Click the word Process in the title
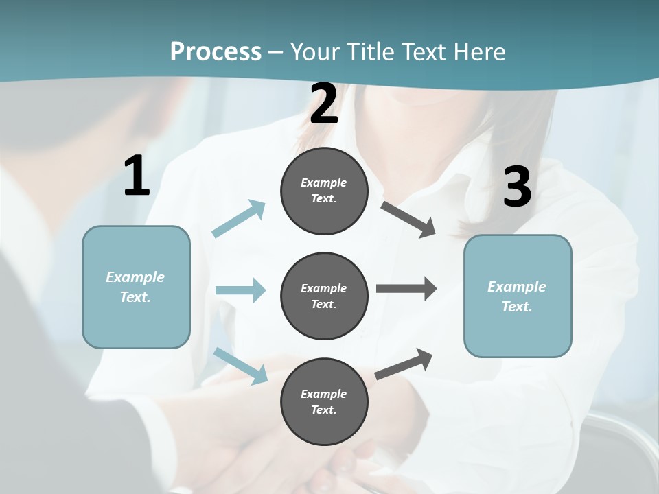click(x=216, y=51)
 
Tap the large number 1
click(x=137, y=176)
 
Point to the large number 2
click(x=324, y=104)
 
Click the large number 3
click(x=517, y=187)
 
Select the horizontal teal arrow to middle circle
click(x=240, y=290)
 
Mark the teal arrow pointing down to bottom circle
click(x=241, y=365)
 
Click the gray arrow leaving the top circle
click(x=408, y=219)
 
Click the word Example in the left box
click(x=135, y=277)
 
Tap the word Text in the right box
click(x=516, y=307)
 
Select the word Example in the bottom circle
click(x=323, y=394)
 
